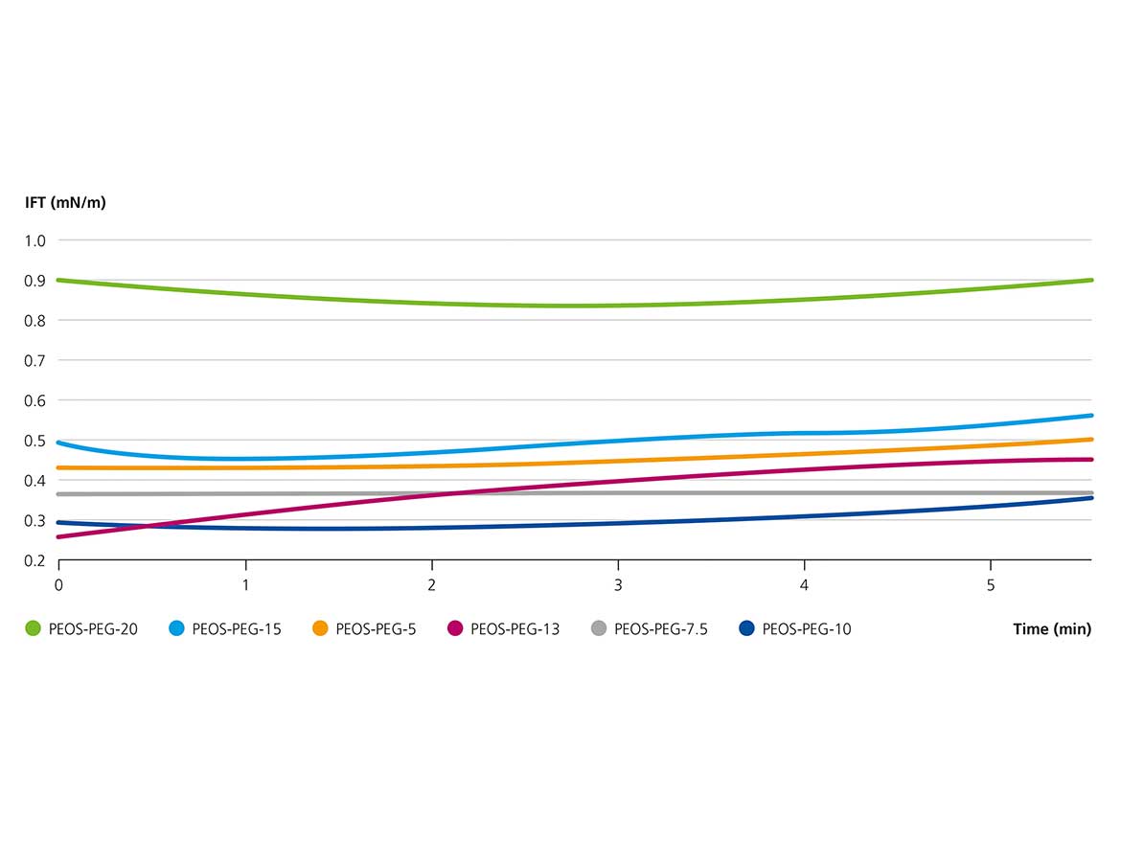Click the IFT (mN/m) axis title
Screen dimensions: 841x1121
tap(65, 203)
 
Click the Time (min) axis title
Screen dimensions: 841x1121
tap(1052, 629)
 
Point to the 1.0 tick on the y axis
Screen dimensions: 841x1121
tap(34, 240)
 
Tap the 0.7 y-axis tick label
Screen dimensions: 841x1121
tap(34, 360)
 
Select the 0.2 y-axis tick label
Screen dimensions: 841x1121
tap(34, 560)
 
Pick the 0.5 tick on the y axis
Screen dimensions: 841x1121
tap(34, 441)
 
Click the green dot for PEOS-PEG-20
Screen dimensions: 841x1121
tap(33, 629)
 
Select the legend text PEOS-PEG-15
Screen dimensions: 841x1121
tap(237, 629)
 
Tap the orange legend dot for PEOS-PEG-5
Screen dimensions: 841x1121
tap(320, 629)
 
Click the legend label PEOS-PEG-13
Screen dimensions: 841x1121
tap(515, 629)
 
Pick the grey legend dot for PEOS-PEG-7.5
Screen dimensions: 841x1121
tap(599, 629)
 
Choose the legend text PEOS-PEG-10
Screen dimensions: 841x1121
tap(807, 629)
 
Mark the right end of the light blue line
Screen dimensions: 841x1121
tap(1091, 416)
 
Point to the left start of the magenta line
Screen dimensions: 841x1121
tap(59, 536)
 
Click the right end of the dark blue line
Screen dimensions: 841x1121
tap(1091, 498)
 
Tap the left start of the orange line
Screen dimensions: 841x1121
tap(59, 467)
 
